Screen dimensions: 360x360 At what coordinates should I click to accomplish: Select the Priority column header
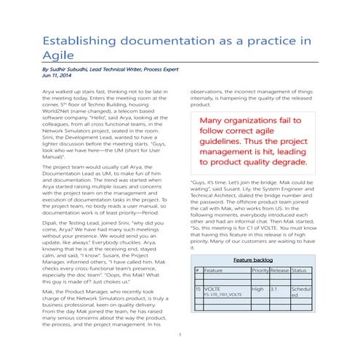260,270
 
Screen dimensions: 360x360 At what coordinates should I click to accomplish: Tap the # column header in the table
197,270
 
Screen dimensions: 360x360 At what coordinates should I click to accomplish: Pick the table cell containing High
257,289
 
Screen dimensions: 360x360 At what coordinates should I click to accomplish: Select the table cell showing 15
198,289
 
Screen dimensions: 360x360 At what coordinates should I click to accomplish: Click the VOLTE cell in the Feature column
215,289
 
